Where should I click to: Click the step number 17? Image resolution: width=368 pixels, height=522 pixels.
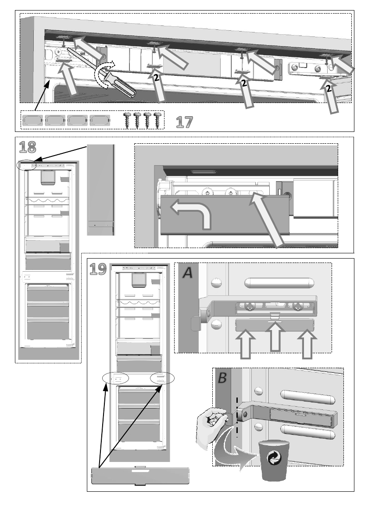point(184,122)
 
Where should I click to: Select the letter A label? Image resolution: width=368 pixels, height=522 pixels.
point(188,273)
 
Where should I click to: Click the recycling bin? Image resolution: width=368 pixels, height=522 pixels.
point(273,461)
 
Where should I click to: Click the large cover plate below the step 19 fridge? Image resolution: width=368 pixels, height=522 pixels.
point(140,475)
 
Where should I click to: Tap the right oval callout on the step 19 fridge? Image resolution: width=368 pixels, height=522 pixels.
point(162,379)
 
